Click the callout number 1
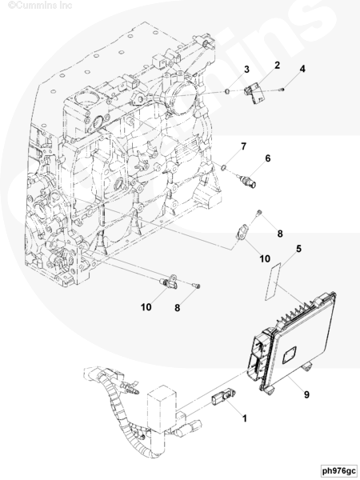245,418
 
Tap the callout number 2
277,66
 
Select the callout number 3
246,70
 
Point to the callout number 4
302,69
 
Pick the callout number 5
298,249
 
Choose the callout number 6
268,158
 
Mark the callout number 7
243,146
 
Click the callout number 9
306,394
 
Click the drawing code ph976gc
339,470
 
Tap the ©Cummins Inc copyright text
40,6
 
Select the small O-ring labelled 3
228,91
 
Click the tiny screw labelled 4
282,90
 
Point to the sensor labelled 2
254,94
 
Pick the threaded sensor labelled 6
247,181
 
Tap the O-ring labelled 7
224,167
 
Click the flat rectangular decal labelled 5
273,281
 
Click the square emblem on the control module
289,354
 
